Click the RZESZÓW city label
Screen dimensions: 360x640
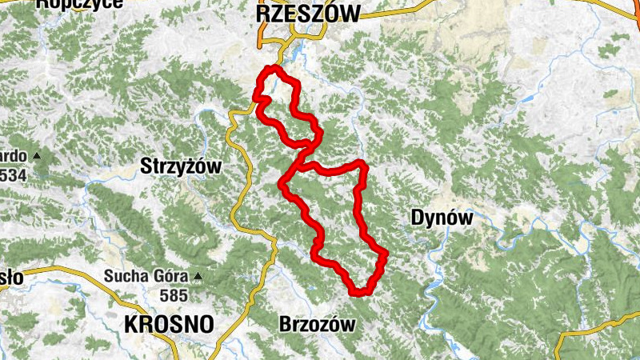pyautogui.click(x=308, y=12)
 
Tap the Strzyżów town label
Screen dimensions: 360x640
pyautogui.click(x=181, y=166)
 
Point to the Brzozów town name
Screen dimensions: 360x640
pyautogui.click(x=316, y=325)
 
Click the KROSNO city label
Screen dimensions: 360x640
pyautogui.click(x=170, y=324)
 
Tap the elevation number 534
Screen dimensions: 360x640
pyautogui.click(x=14, y=174)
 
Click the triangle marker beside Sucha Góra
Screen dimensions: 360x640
pyautogui.click(x=197, y=278)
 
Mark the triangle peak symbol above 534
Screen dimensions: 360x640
pyautogui.click(x=37, y=154)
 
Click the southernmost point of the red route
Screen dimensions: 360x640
pyautogui.click(x=360, y=292)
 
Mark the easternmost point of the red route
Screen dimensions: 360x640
pyautogui.click(x=386, y=254)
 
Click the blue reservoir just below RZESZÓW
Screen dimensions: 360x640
pyautogui.click(x=298, y=53)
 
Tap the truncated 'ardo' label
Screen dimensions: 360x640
pyautogui.click(x=14, y=155)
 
